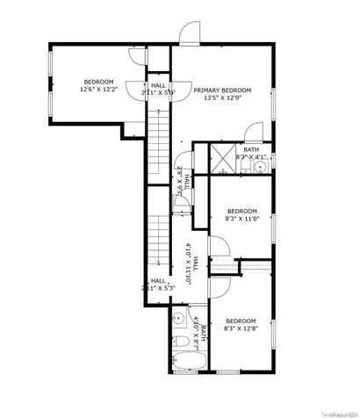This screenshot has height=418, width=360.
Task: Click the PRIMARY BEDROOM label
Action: point(223,90)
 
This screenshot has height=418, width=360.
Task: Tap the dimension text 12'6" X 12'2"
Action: point(98,89)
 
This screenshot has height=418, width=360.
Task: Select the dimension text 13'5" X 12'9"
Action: point(223,98)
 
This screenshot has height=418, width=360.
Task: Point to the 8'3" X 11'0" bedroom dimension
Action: point(241,220)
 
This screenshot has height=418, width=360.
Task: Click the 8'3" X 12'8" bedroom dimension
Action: point(241,329)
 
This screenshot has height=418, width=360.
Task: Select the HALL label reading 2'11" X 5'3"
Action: point(157,284)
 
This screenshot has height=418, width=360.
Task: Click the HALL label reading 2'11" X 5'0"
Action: point(158,89)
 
